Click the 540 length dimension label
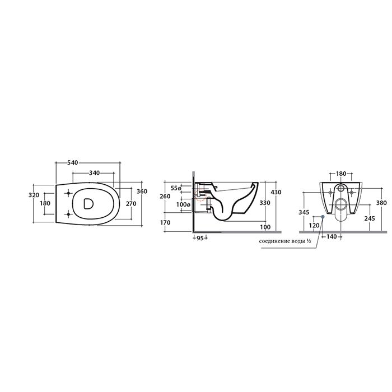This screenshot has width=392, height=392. pyautogui.click(x=73, y=163)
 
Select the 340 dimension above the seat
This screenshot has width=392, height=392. pyautogui.click(x=95, y=172)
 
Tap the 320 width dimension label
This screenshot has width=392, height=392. pyautogui.click(x=34, y=195)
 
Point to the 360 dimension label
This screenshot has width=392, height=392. pyautogui.click(x=142, y=192)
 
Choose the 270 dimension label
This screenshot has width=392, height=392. pyautogui.click(x=131, y=204)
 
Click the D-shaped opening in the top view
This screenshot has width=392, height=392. pyautogui.click(x=88, y=203)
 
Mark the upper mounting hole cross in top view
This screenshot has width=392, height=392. pyautogui.click(x=68, y=193)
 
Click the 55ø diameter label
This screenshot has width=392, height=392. pyautogui.click(x=176, y=188)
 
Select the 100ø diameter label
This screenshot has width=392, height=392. pyautogui.click(x=183, y=204)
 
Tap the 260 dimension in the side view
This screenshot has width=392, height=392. pyautogui.click(x=165, y=196)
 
